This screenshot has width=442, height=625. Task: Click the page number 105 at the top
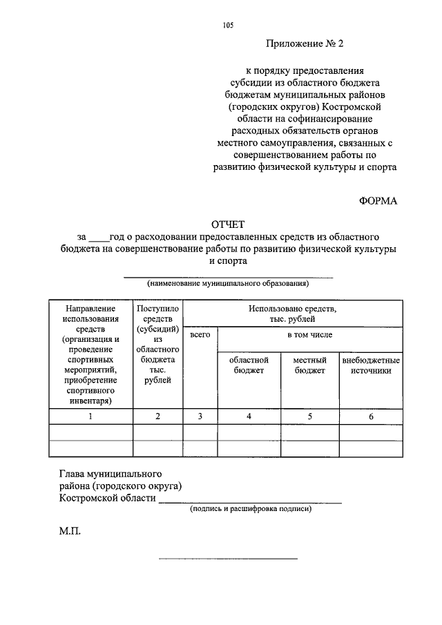click(228, 26)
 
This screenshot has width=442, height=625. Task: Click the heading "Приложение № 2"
click(305, 44)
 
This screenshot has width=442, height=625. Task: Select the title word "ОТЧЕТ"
click(228, 224)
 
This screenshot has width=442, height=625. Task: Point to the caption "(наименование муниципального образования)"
click(227, 283)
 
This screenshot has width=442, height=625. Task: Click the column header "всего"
click(200, 335)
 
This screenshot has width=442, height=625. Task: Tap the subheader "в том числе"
click(310, 335)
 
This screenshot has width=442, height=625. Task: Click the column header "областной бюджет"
click(249, 365)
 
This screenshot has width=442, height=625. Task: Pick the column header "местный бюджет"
click(309, 365)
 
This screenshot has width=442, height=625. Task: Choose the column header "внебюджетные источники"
click(371, 365)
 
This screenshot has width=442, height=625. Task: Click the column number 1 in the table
click(90, 416)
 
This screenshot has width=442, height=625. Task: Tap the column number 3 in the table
click(200, 416)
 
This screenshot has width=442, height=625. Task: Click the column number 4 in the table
click(249, 416)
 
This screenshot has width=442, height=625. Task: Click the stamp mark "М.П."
click(70, 533)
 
